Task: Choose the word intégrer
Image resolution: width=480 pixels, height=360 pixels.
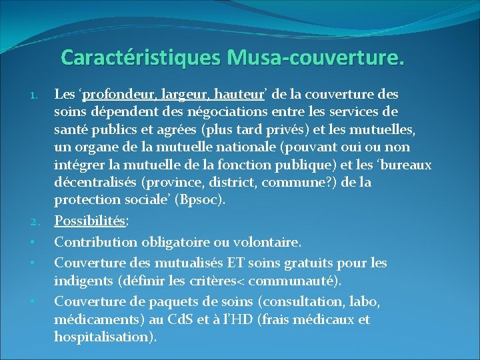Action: [x=80, y=165]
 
